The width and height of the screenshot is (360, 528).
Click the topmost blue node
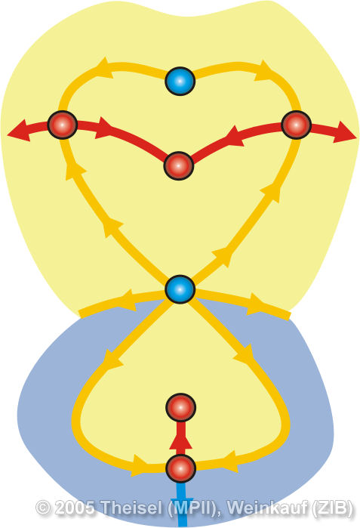pos(180,81)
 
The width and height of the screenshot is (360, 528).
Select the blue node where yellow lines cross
pos(180,289)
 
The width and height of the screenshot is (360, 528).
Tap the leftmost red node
pos(63,125)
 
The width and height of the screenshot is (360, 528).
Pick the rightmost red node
pos(296,125)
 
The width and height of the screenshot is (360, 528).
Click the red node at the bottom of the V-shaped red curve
pos(179,165)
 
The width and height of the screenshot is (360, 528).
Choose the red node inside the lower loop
pos(180,407)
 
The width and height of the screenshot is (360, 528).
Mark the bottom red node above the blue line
pos(180,468)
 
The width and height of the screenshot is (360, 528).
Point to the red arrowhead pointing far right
pos(345,133)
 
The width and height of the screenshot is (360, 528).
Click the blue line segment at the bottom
pos(182,505)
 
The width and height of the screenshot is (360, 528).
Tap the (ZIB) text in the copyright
pos(332,508)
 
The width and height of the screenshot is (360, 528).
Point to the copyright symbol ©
pos(43,508)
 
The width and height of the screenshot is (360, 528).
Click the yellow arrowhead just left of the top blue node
pos(103,67)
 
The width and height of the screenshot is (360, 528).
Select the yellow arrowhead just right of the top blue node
pos(264,71)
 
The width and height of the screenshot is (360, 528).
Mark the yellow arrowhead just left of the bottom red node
pos(140,465)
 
